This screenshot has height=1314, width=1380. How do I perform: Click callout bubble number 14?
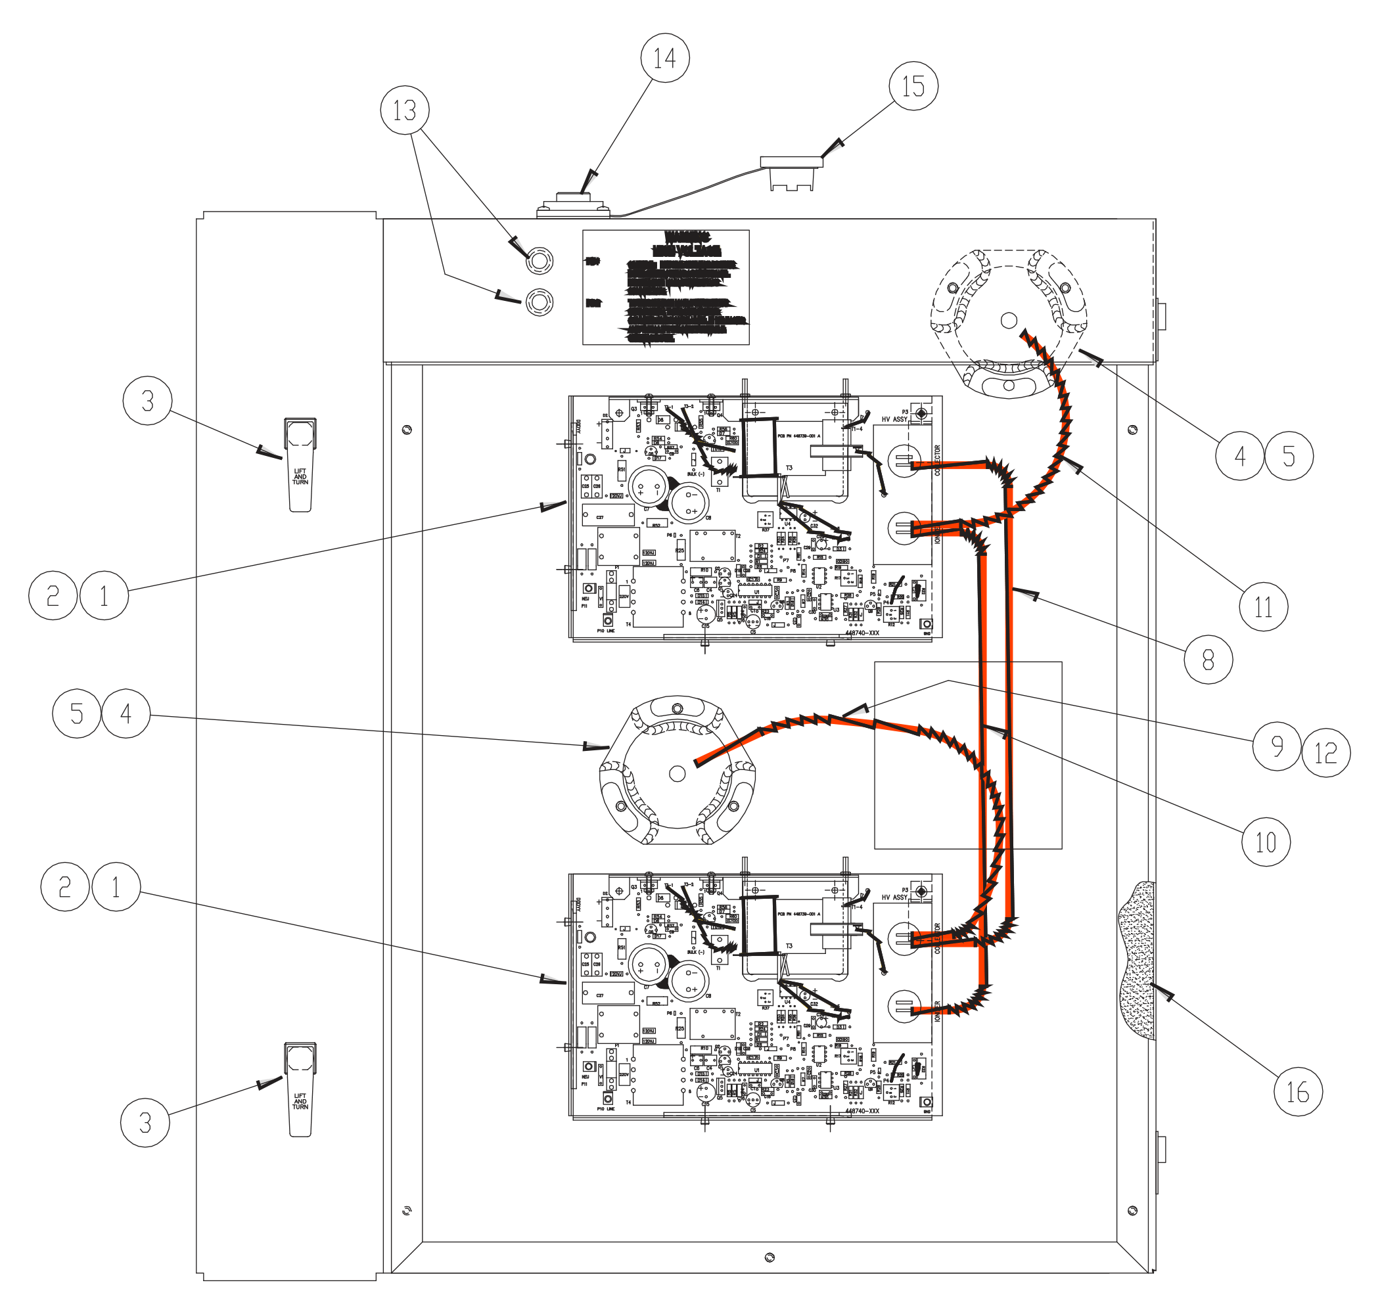click(x=664, y=57)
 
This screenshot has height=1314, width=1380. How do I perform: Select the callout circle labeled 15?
click(x=913, y=85)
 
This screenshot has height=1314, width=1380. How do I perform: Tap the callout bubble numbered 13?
click(x=404, y=110)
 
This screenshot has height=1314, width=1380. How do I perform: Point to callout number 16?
click(x=1297, y=1091)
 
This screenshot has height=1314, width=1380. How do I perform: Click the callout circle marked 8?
click(x=1208, y=659)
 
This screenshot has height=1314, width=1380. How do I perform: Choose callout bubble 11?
click(x=1263, y=606)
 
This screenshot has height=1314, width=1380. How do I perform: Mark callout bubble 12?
click(x=1325, y=753)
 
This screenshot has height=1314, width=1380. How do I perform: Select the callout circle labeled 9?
click(x=1276, y=746)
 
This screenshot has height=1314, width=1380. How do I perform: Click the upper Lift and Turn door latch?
click(x=300, y=464)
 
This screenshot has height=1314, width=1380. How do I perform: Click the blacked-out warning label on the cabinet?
click(x=666, y=287)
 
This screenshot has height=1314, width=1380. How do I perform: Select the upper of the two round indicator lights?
click(x=539, y=261)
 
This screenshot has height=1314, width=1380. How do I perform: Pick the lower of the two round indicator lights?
click(x=539, y=302)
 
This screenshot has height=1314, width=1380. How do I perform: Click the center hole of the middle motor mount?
click(x=677, y=773)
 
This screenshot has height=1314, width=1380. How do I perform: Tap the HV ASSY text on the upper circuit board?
click(x=894, y=420)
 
